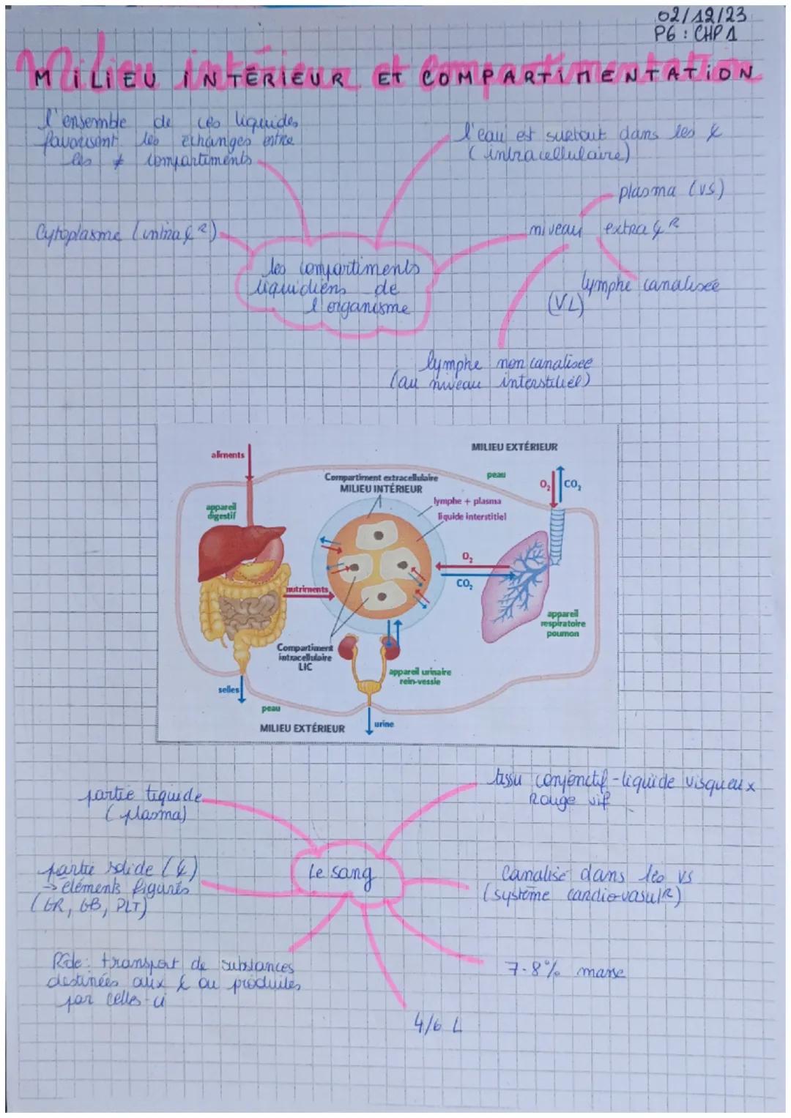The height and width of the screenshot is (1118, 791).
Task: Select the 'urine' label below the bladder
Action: pyautogui.click(x=384, y=724)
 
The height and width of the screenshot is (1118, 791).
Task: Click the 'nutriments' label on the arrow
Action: pyautogui.click(x=305, y=588)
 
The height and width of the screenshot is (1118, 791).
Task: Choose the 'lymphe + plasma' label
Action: pyautogui.click(x=467, y=502)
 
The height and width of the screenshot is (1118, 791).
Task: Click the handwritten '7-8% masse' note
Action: pyautogui.click(x=565, y=972)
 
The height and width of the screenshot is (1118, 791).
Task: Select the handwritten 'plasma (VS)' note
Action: pyautogui.click(x=671, y=193)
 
